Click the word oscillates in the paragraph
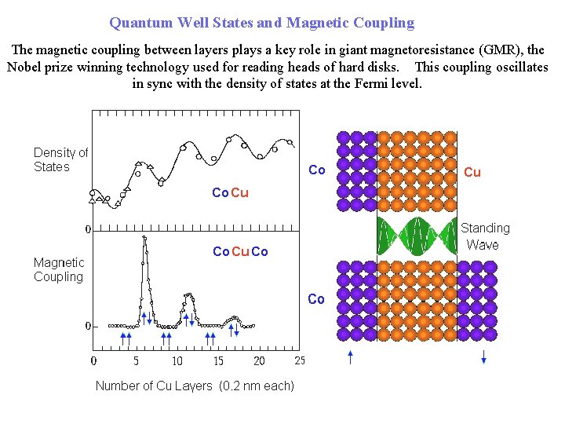[522, 67]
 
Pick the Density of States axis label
[60, 159]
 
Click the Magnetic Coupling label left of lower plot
[59, 269]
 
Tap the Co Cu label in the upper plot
[230, 192]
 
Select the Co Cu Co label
[240, 251]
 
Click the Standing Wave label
[484, 236]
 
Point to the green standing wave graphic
[417, 236]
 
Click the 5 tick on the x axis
[136, 361]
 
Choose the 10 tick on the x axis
[177, 361]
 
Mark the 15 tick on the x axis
[218, 361]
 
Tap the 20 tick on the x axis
[259, 361]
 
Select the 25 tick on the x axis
[300, 361]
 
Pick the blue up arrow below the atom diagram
[350, 357]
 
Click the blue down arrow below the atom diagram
[483, 356]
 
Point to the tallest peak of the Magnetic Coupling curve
[145, 239]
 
